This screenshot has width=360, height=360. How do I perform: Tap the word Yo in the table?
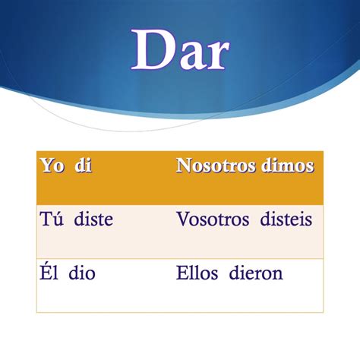pyautogui.click(x=50, y=166)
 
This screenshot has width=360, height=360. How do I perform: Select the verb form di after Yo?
pyautogui.click(x=83, y=166)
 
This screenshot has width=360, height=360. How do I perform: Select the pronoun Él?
pyautogui.click(x=48, y=273)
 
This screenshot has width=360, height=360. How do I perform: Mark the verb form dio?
pyautogui.click(x=81, y=273)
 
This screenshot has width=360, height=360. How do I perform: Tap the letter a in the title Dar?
pyautogui.click(x=188, y=55)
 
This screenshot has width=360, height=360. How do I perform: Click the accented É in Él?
pyautogui.click(x=44, y=272)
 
